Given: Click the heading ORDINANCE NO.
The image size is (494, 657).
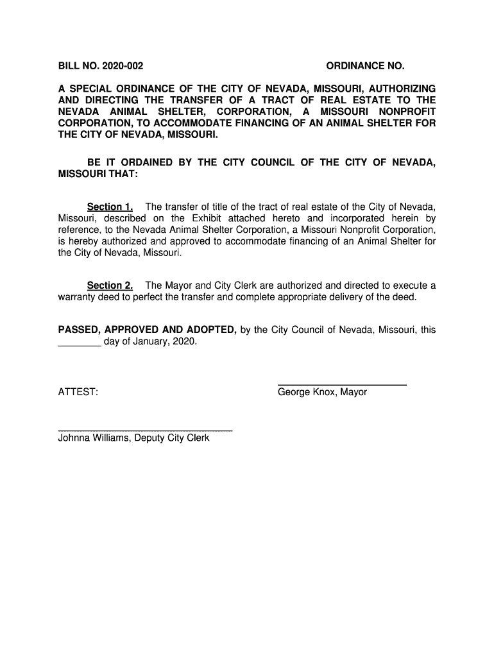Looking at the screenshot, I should coord(366,66).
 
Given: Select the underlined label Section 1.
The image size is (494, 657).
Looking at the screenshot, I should coord(110,207).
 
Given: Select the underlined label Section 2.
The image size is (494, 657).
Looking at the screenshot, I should coord(110,286).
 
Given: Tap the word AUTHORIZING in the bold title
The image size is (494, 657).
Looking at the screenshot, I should coord(402,88).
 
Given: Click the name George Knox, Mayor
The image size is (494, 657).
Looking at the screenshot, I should coord(322,391).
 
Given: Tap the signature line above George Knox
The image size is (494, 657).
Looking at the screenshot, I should coord(342,384).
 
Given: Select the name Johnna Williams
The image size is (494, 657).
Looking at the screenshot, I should coord(94,439).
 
